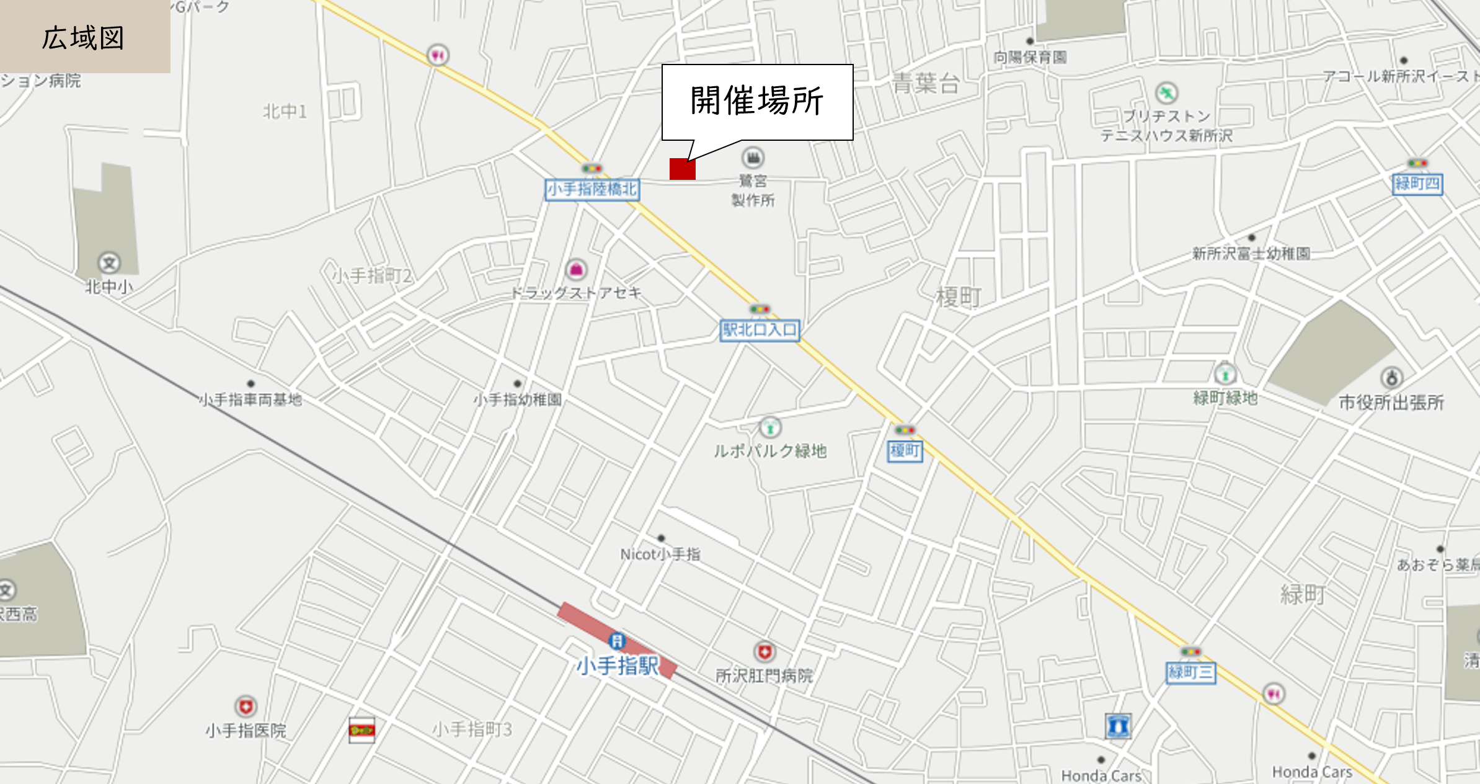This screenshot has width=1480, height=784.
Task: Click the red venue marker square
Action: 682,169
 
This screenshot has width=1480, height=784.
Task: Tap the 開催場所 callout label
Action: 757,101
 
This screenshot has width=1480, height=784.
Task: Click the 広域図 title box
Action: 84,37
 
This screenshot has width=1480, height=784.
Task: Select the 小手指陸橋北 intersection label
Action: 592,189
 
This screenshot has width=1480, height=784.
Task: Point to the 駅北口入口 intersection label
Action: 760,330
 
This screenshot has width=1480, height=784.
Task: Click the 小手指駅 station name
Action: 618,666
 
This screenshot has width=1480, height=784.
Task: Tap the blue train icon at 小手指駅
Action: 617,641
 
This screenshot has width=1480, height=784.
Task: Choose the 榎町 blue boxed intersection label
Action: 905,451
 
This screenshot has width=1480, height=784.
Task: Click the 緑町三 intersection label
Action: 1190,672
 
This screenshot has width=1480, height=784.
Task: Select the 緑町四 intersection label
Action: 1417,184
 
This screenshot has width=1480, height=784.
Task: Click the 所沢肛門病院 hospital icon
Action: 764,652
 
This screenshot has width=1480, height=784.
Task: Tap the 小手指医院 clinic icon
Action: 246,706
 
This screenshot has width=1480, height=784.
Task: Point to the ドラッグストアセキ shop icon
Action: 576,270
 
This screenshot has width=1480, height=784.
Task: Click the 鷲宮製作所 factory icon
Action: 753,158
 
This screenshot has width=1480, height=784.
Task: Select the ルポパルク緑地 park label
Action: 770,451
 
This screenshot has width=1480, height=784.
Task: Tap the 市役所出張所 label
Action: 1391,403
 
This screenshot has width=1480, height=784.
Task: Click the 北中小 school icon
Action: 109,263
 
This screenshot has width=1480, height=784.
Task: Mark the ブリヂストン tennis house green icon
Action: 1167,94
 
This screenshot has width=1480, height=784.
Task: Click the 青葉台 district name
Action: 926,83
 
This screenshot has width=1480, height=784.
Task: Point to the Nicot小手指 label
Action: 660,555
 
